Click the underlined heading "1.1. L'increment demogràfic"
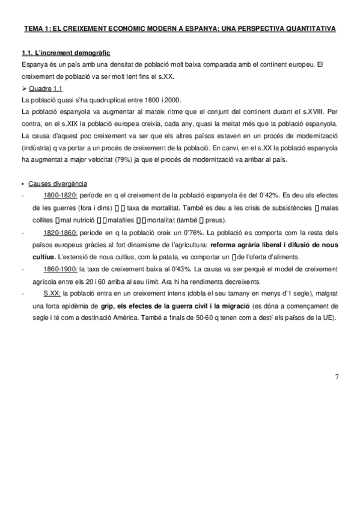[65, 53]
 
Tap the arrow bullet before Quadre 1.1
[25, 88]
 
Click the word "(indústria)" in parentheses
[37, 147]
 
